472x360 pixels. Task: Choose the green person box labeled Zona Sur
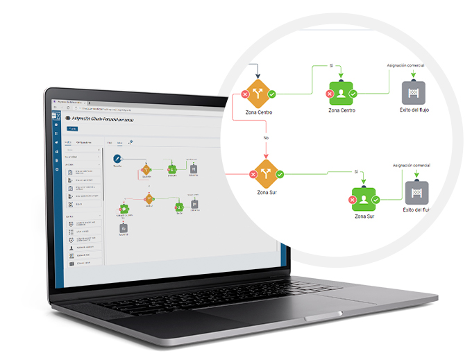pyautogui.click(x=364, y=198)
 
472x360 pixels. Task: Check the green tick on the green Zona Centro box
pyautogui.click(x=353, y=93)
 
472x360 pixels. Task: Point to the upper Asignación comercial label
pyautogui.click(x=405, y=65)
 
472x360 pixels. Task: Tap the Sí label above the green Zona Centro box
pyautogui.click(x=332, y=65)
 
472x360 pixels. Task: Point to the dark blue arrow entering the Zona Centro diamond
pyautogui.click(x=258, y=73)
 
